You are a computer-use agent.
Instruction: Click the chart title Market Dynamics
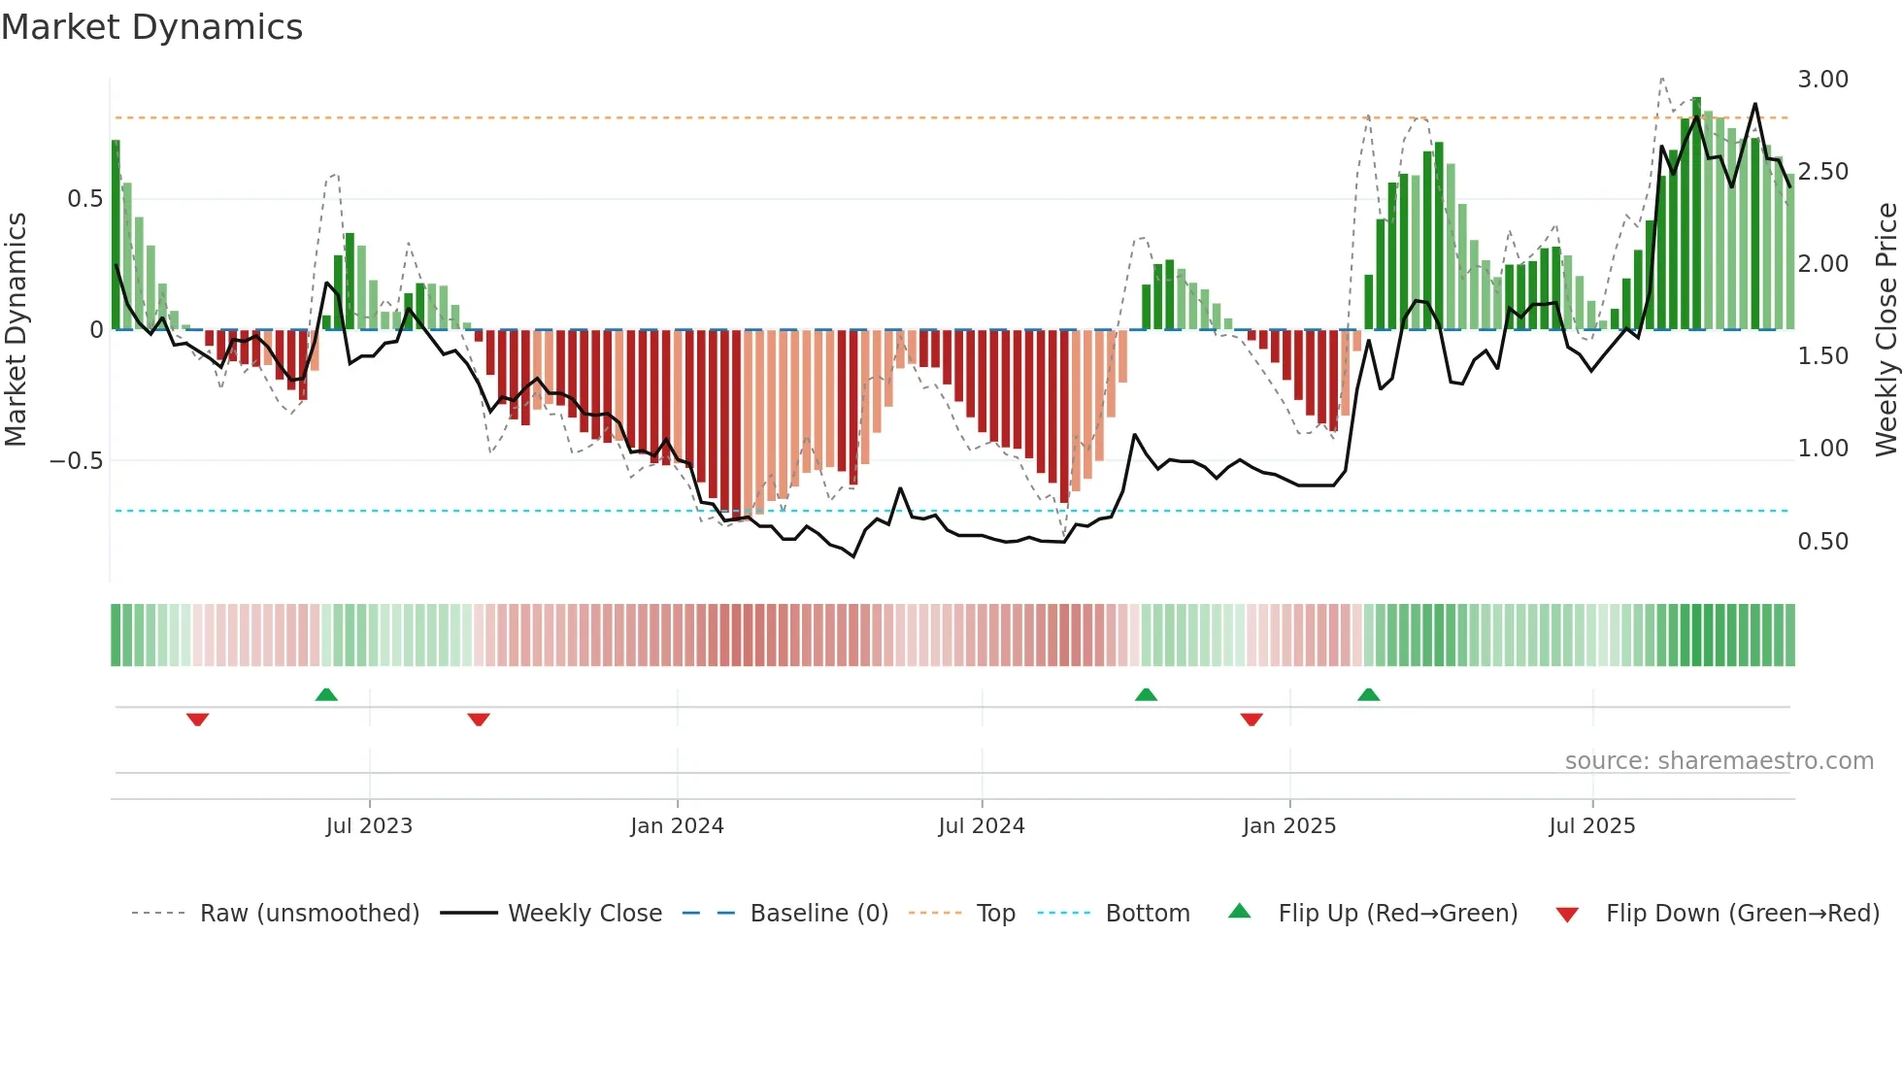152,27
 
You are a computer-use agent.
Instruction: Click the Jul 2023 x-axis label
369,826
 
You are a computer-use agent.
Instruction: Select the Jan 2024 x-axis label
677,826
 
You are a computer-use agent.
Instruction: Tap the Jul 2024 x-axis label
982,826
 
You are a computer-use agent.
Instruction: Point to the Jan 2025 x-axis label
1289,826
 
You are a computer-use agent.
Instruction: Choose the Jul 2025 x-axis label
1592,826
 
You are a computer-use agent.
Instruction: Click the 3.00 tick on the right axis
1822,80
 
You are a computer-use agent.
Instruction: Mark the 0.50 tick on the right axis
1822,542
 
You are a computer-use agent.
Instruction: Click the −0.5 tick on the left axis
77,461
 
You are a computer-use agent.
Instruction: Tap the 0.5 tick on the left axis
84,199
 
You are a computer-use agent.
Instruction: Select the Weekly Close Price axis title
1886,330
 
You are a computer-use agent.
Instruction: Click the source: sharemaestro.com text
1719,761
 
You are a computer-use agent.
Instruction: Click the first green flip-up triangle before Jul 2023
326,694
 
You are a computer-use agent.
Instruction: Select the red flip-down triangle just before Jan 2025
1252,719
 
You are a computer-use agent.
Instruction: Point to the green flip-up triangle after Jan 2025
1368,694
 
